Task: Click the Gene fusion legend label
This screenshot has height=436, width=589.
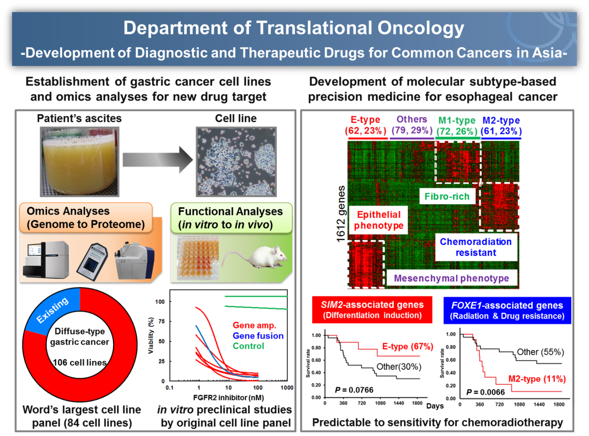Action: pyautogui.click(x=258, y=336)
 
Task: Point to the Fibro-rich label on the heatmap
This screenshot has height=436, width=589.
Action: pyautogui.click(x=447, y=197)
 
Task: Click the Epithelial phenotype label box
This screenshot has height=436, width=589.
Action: pyautogui.click(x=378, y=220)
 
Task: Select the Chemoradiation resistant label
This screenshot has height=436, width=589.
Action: pyautogui.click(x=476, y=247)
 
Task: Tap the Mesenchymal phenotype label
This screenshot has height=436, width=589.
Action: pyautogui.click(x=451, y=278)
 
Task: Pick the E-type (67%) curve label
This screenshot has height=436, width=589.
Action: pyautogui.click(x=408, y=347)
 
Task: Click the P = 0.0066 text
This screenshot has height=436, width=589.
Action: pyautogui.click(x=486, y=392)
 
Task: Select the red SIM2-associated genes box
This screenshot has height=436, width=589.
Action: pyautogui.click(x=372, y=310)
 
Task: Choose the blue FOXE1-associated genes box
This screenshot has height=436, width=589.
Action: pyautogui.click(x=507, y=310)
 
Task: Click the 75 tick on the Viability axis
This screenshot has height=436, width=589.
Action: pyautogui.click(x=161, y=321)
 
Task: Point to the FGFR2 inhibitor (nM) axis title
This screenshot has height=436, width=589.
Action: pyautogui.click(x=228, y=398)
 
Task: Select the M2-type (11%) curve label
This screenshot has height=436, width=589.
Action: pyautogui.click(x=537, y=379)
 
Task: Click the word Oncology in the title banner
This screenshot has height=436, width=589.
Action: pyautogui.click(x=420, y=28)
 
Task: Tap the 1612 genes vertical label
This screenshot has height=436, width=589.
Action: pyautogui.click(x=340, y=214)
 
